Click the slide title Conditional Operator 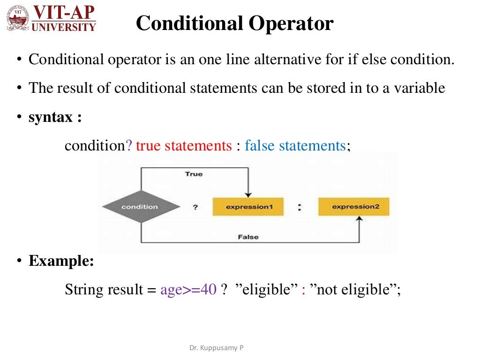[x=234, y=23]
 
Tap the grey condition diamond [x=140, y=207]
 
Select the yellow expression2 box [x=353, y=207]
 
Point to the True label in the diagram [x=194, y=174]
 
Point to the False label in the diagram [x=248, y=237]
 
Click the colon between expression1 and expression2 [x=299, y=207]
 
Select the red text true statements [x=184, y=145]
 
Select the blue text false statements [x=295, y=145]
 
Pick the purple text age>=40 [x=188, y=289]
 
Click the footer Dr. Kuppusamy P [x=216, y=348]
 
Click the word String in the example [x=81, y=289]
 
